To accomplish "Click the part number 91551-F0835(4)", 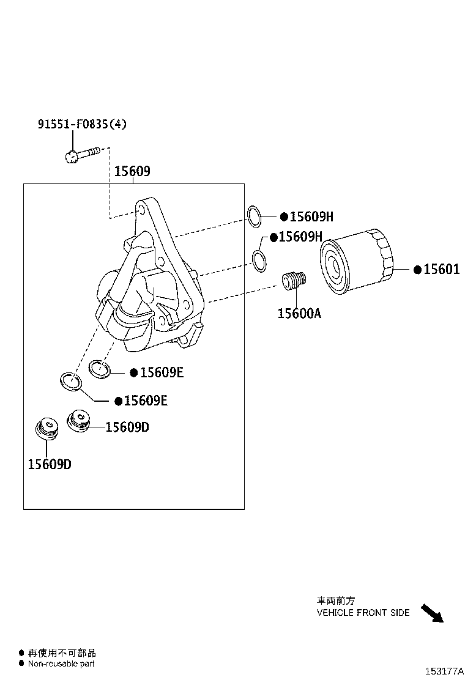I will coord(83,124).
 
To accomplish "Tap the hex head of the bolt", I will coord(71,157).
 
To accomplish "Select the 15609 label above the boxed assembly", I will coord(132,171).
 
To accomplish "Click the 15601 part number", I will coord(441,269).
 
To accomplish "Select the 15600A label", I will coord(299,313).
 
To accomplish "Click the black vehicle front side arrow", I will coord(432,612).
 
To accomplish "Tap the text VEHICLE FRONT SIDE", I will coord(363,612).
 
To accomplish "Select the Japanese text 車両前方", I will coord(335,601).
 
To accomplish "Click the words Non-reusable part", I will coord(61,663).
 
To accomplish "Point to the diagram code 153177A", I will coord(445,671).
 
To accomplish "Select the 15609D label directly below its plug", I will coord(49,464).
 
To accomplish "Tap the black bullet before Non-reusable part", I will coord(21,663).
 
